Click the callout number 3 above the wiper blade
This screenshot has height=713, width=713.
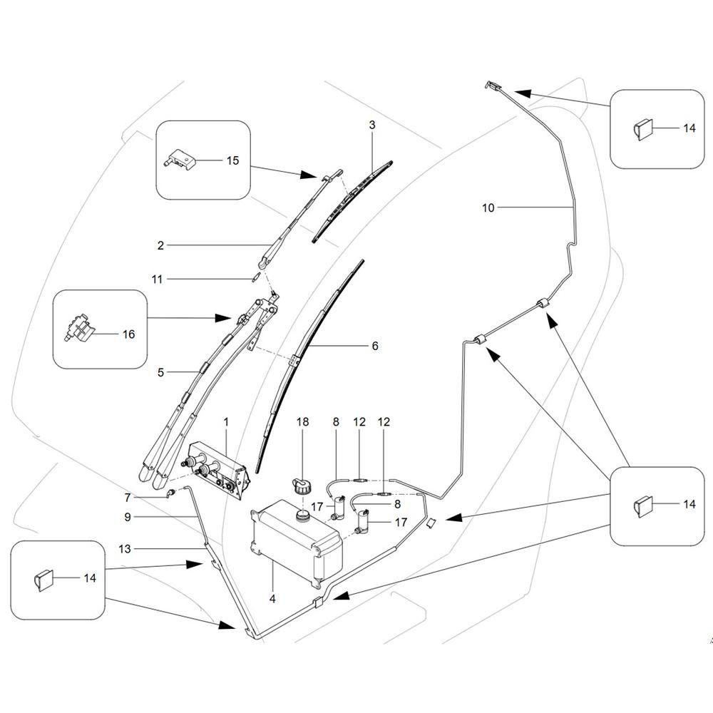372,125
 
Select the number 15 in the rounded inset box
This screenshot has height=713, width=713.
232,160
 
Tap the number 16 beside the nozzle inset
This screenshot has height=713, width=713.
128,333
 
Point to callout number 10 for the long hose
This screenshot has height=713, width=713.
488,207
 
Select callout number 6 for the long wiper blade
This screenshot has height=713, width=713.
375,347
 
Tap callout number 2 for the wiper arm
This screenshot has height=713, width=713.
161,246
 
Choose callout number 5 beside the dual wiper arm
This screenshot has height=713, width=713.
161,371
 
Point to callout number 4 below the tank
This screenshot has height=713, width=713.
272,599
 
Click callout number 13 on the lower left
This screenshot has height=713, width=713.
125,548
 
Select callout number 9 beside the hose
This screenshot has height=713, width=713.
127,515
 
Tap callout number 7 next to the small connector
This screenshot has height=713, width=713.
128,497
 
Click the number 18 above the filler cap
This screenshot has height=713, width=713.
303,422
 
